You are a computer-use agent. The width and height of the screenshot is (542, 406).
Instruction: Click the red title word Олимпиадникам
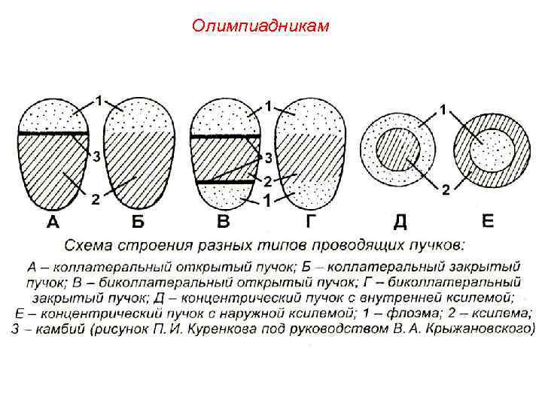point(260,27)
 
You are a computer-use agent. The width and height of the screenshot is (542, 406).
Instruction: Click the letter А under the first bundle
point(53,222)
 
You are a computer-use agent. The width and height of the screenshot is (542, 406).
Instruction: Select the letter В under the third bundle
point(224,222)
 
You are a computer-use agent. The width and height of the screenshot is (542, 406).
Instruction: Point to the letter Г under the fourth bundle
point(309,222)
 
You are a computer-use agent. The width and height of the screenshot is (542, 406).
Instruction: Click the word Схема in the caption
point(89,245)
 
